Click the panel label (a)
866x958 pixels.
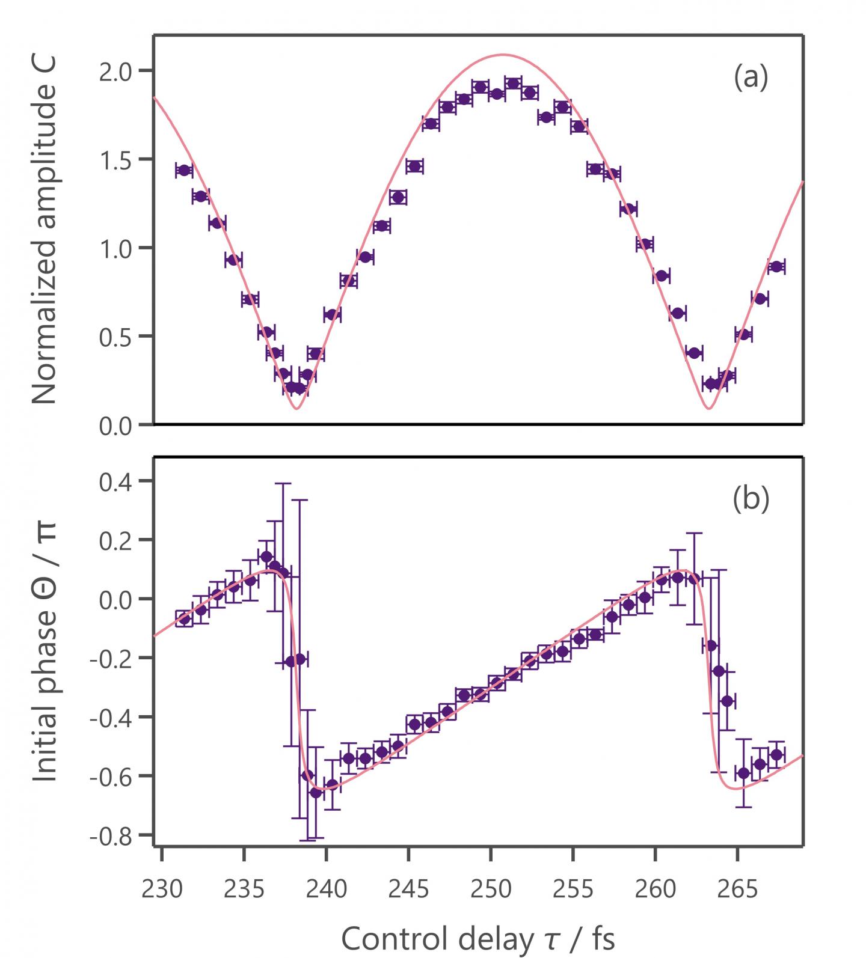751,78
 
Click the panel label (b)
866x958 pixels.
751,499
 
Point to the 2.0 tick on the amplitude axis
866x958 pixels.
124,71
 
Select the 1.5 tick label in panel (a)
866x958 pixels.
124,159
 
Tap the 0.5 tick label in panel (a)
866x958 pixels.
124,336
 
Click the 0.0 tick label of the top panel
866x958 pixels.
124,426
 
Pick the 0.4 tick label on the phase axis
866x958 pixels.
124,481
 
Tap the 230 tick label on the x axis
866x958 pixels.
162,889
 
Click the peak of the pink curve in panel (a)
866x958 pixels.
503,55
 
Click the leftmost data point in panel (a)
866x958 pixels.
184,170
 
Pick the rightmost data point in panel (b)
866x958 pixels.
776,754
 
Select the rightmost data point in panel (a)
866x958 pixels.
776,266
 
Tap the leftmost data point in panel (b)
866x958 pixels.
184,618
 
